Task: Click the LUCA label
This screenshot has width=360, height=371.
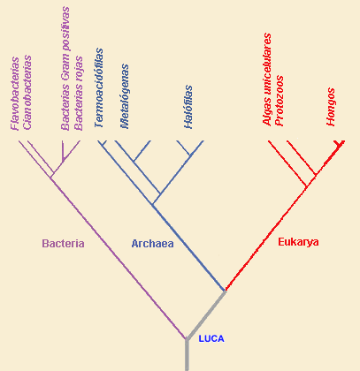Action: point(211,338)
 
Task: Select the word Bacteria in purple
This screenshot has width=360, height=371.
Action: point(63,244)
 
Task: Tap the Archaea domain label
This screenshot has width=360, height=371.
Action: point(152,244)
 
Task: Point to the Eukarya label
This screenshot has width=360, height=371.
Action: point(298,242)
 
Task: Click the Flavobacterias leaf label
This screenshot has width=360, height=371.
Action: point(15,94)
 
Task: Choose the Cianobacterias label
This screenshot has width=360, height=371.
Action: point(27,93)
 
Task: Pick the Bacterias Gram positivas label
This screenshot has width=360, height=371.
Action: point(65,68)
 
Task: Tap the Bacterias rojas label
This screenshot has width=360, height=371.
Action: point(79,93)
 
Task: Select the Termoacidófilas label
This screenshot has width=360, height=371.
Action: point(99,88)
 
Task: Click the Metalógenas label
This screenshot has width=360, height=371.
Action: point(125,96)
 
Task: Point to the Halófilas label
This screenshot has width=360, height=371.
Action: point(188,107)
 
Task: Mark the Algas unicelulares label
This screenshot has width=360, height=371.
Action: point(267,79)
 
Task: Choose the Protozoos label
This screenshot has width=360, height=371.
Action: point(279,101)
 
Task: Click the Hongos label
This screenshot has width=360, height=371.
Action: point(331,107)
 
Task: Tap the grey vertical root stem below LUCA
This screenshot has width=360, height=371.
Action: point(187,355)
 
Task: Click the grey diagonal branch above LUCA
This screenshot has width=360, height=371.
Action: point(206,314)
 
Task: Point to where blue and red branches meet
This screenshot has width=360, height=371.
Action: point(226,291)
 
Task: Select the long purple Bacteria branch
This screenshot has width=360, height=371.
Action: point(118,258)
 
